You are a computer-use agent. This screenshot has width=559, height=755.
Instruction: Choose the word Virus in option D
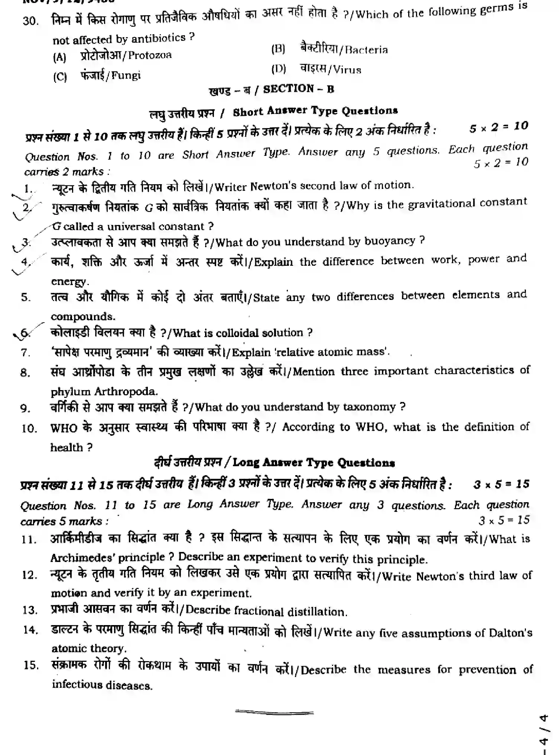coord(347,70)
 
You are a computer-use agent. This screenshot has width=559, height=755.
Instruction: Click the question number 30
coord(30,20)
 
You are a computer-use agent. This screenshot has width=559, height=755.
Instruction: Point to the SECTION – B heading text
coord(299,89)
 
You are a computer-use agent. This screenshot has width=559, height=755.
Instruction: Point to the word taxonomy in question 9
coord(369,407)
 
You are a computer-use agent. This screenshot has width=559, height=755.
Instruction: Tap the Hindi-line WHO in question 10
coord(64,428)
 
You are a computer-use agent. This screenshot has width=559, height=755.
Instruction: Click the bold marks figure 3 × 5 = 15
coord(501,484)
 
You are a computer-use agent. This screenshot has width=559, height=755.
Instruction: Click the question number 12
coord(30,576)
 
